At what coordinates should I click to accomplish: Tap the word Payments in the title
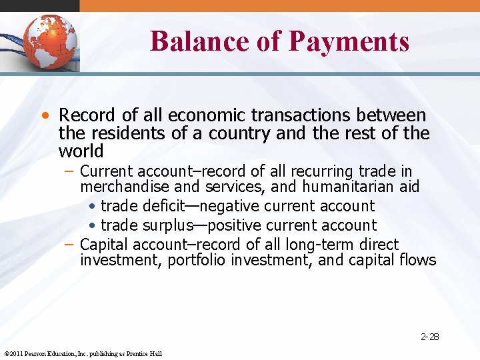point(349,41)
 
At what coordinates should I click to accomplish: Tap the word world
point(81,151)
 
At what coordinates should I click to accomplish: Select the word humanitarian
point(355,187)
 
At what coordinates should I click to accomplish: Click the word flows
point(417,260)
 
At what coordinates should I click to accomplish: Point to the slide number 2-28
point(429,337)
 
